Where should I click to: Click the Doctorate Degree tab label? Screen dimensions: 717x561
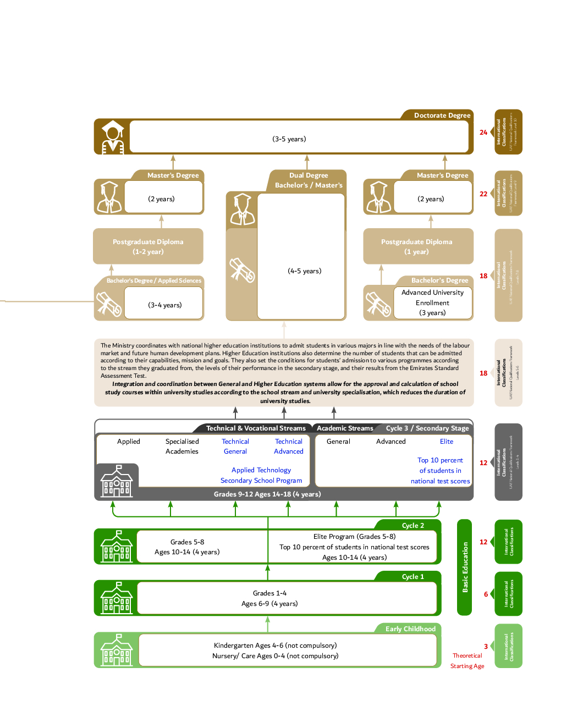pyautogui.click(x=442, y=115)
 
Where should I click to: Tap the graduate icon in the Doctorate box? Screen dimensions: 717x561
pyautogui.click(x=113, y=136)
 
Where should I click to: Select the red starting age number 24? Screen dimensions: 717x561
pyautogui.click(x=483, y=133)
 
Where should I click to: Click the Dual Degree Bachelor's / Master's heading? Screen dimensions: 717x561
pyautogui.click(x=309, y=180)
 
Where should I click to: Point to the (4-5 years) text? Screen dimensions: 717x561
pyautogui.click(x=304, y=271)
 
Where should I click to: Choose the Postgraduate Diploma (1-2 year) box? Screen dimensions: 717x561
pyautogui.click(x=148, y=247)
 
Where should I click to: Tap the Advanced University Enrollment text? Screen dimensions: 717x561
pyautogui.click(x=432, y=297)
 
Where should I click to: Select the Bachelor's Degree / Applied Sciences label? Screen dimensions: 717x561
pyautogui.click(x=154, y=280)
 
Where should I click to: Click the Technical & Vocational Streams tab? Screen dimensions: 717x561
pyautogui.click(x=255, y=428)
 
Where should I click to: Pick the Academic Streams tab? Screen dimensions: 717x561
pyautogui.click(x=345, y=428)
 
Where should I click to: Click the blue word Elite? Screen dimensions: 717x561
pyautogui.click(x=447, y=442)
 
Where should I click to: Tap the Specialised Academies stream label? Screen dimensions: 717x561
pyautogui.click(x=182, y=446)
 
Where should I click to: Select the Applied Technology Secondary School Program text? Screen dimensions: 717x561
pyautogui.click(x=261, y=475)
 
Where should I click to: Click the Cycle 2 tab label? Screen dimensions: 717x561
pyautogui.click(x=413, y=526)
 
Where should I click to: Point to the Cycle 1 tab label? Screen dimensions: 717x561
pyautogui.click(x=413, y=577)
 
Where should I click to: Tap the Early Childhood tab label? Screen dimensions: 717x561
pyautogui.click(x=410, y=629)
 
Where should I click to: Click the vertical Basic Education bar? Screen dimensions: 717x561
pyautogui.click(x=465, y=567)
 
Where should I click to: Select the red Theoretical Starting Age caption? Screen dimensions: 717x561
pyautogui.click(x=468, y=660)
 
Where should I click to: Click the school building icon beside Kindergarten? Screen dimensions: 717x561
pyautogui.click(x=117, y=650)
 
